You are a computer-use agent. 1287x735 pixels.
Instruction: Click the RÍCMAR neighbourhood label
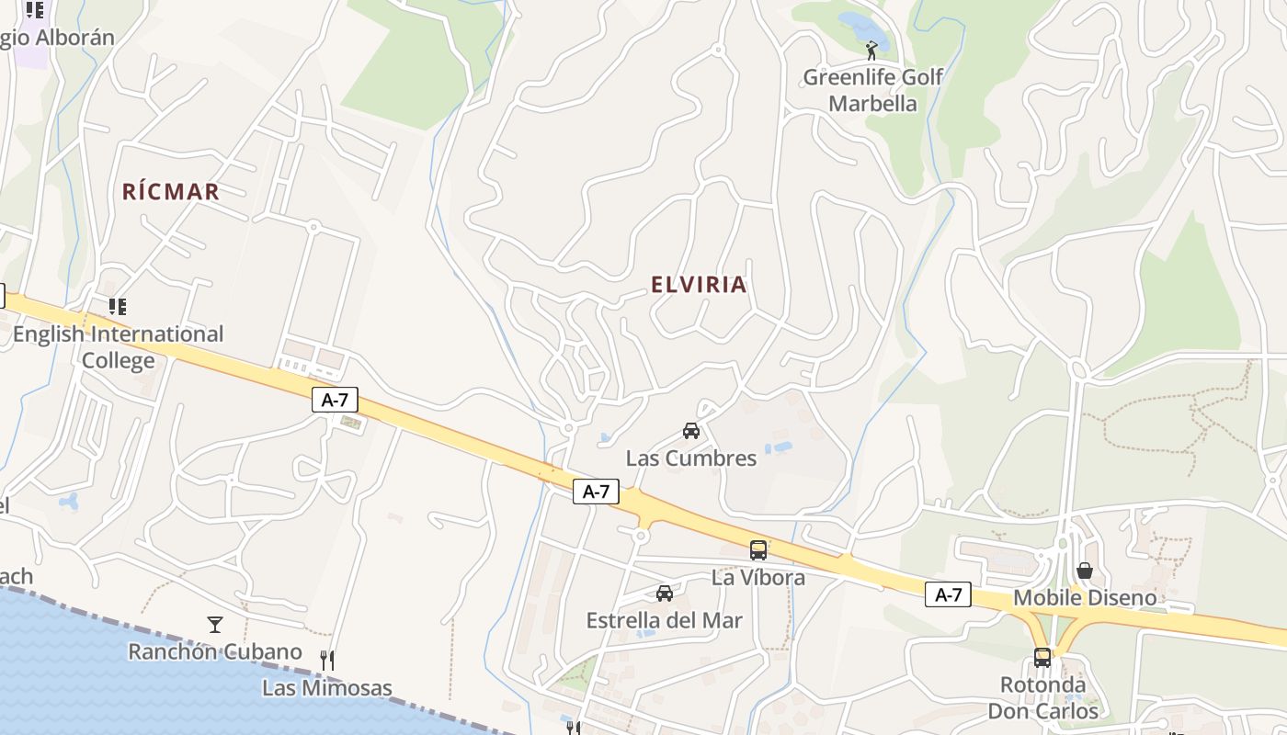(171, 192)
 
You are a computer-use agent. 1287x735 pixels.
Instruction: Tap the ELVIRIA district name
(699, 285)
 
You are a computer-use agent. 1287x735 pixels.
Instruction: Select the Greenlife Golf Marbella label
(872, 90)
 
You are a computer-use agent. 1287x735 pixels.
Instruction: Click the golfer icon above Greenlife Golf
(871, 51)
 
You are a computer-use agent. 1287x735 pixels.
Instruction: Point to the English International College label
(118, 346)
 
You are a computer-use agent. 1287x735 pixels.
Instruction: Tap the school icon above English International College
(117, 306)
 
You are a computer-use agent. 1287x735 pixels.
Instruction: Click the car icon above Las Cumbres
(691, 430)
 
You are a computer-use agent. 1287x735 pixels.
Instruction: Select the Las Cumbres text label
(691, 458)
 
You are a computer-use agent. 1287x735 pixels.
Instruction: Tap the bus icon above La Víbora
(758, 550)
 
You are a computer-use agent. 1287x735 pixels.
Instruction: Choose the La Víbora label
(758, 578)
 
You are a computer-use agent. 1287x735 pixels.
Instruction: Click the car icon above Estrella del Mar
(665, 594)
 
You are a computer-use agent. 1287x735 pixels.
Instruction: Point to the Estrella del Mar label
(665, 621)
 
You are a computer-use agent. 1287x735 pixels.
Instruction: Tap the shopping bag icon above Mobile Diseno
(1085, 571)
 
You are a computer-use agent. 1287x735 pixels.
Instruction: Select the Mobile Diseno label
(1085, 599)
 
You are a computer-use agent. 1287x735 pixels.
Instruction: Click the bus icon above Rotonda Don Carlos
(1042, 658)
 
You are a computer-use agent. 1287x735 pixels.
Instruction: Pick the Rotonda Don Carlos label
(1042, 698)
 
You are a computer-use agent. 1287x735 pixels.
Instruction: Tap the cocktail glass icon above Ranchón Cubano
(215, 625)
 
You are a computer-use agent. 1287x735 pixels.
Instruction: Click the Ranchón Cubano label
(215, 652)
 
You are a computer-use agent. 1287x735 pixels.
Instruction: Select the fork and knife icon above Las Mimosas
(326, 660)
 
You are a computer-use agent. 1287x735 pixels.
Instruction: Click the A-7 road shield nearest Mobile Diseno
(948, 595)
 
